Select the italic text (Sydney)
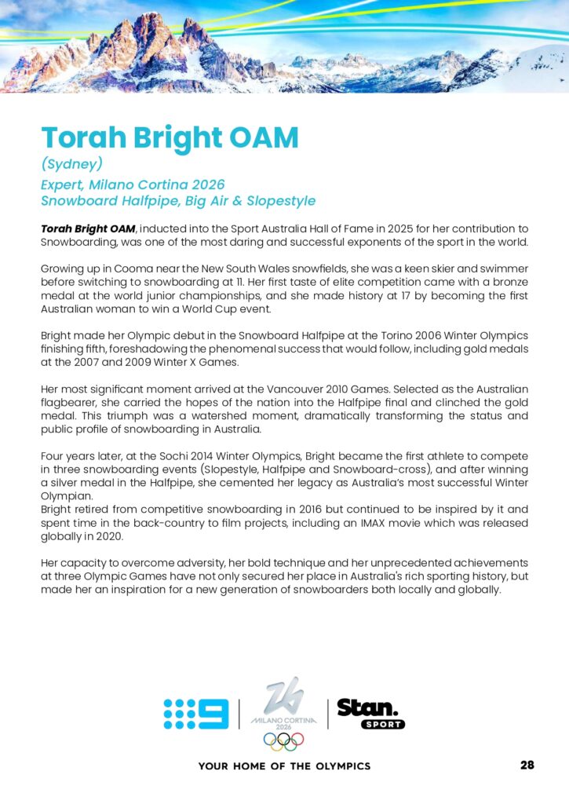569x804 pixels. pyautogui.click(x=72, y=164)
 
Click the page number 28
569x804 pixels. pyautogui.click(x=527, y=765)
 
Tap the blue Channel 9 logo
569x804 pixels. pyautogui.click(x=195, y=714)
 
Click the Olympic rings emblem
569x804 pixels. pyautogui.click(x=283, y=741)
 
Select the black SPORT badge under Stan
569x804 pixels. pyautogui.click(x=382, y=724)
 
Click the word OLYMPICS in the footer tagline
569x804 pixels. pyautogui.click(x=343, y=766)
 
